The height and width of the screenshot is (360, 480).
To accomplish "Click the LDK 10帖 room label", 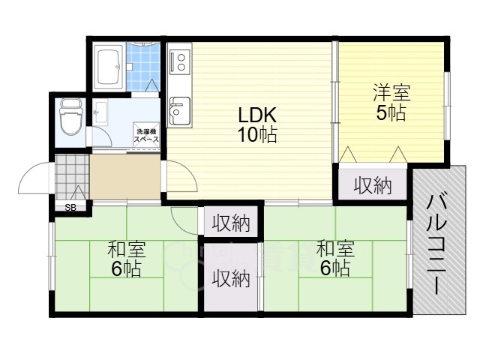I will coord(258,125).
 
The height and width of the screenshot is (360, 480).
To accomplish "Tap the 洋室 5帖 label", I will coord(391,104).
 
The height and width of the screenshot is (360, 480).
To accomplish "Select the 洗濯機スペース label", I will coord(146,136).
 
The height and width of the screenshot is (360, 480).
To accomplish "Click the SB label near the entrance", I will coord(70,207).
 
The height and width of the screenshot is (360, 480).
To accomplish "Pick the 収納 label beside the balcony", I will coord(373,185).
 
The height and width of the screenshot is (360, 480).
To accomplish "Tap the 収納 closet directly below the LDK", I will coord(230,222).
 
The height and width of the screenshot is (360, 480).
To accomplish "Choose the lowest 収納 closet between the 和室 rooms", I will coord(230,278).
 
